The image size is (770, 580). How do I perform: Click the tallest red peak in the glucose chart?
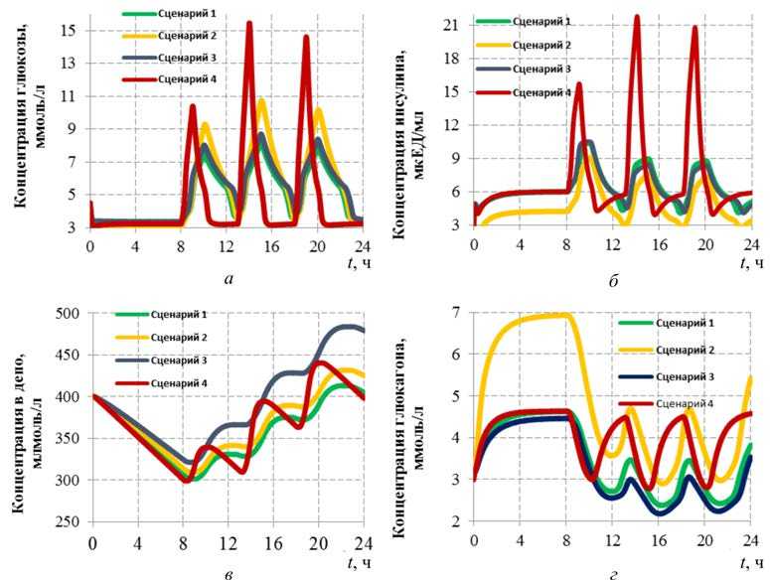click(x=249, y=23)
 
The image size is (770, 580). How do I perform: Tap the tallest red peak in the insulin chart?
click(x=637, y=17)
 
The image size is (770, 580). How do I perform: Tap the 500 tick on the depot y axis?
click(x=68, y=314)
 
